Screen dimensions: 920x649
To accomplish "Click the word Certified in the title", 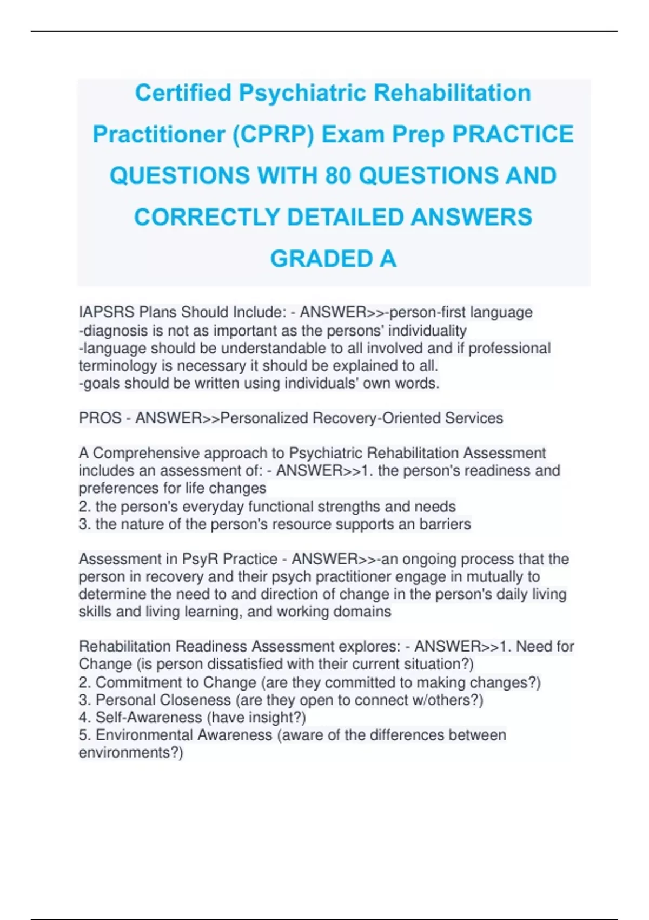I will [183, 93].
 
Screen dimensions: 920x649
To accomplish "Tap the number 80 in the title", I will [337, 176].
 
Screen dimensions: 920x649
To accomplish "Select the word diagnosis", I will [115, 331].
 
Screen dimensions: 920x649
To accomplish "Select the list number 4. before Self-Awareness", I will [84, 718].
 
